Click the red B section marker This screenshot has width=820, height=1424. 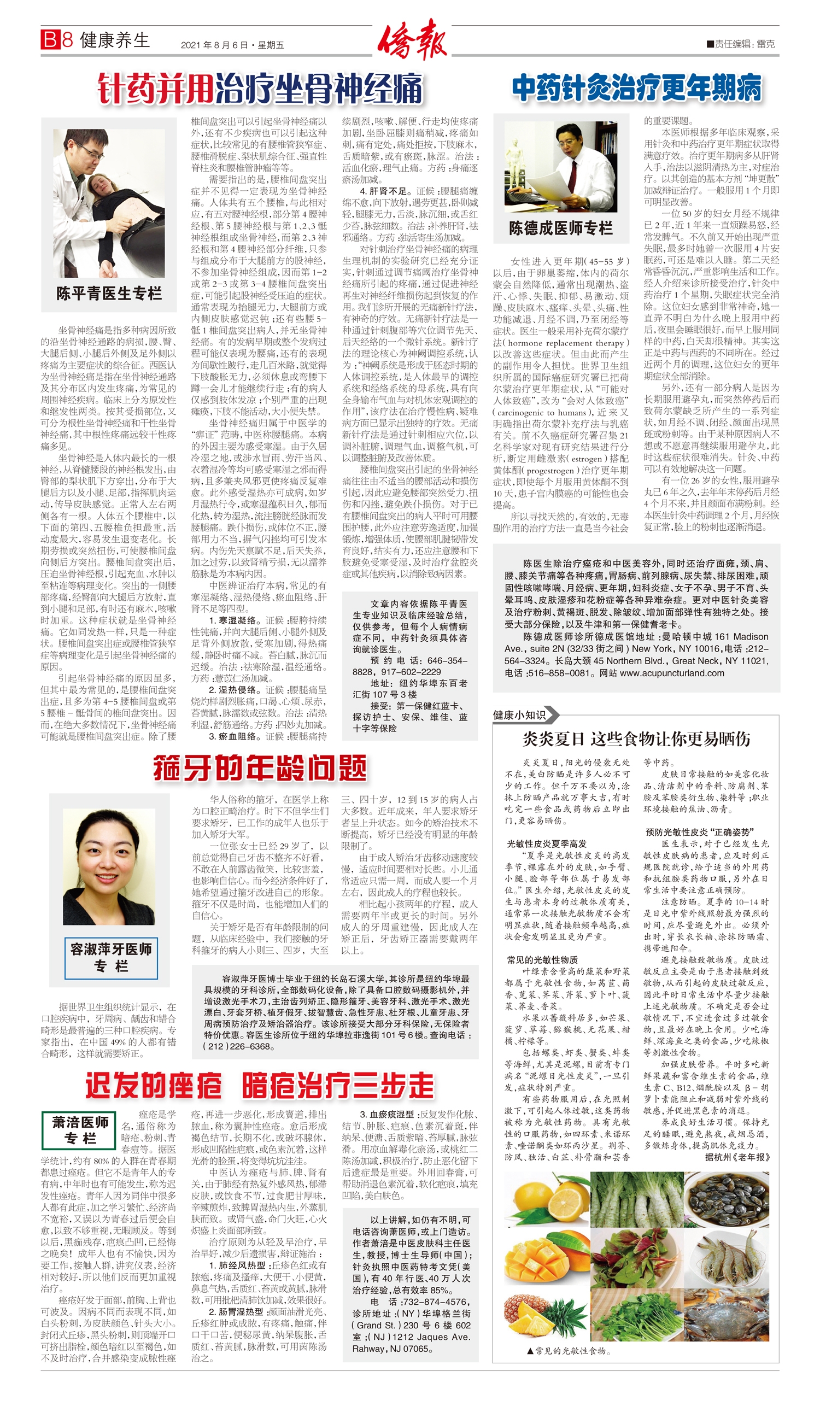(x=50, y=39)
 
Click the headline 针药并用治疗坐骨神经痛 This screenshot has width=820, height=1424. (x=260, y=89)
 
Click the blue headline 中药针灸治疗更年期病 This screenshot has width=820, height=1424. (x=636, y=89)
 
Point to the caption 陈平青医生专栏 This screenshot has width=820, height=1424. (x=109, y=294)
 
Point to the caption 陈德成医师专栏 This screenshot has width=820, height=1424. (x=560, y=228)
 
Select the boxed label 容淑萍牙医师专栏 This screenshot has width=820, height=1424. (x=110, y=957)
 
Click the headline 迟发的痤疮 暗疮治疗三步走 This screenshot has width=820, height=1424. (x=260, y=1086)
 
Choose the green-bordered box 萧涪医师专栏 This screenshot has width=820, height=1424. (x=79, y=1129)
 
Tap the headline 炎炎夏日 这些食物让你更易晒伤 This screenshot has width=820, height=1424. (x=636, y=738)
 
